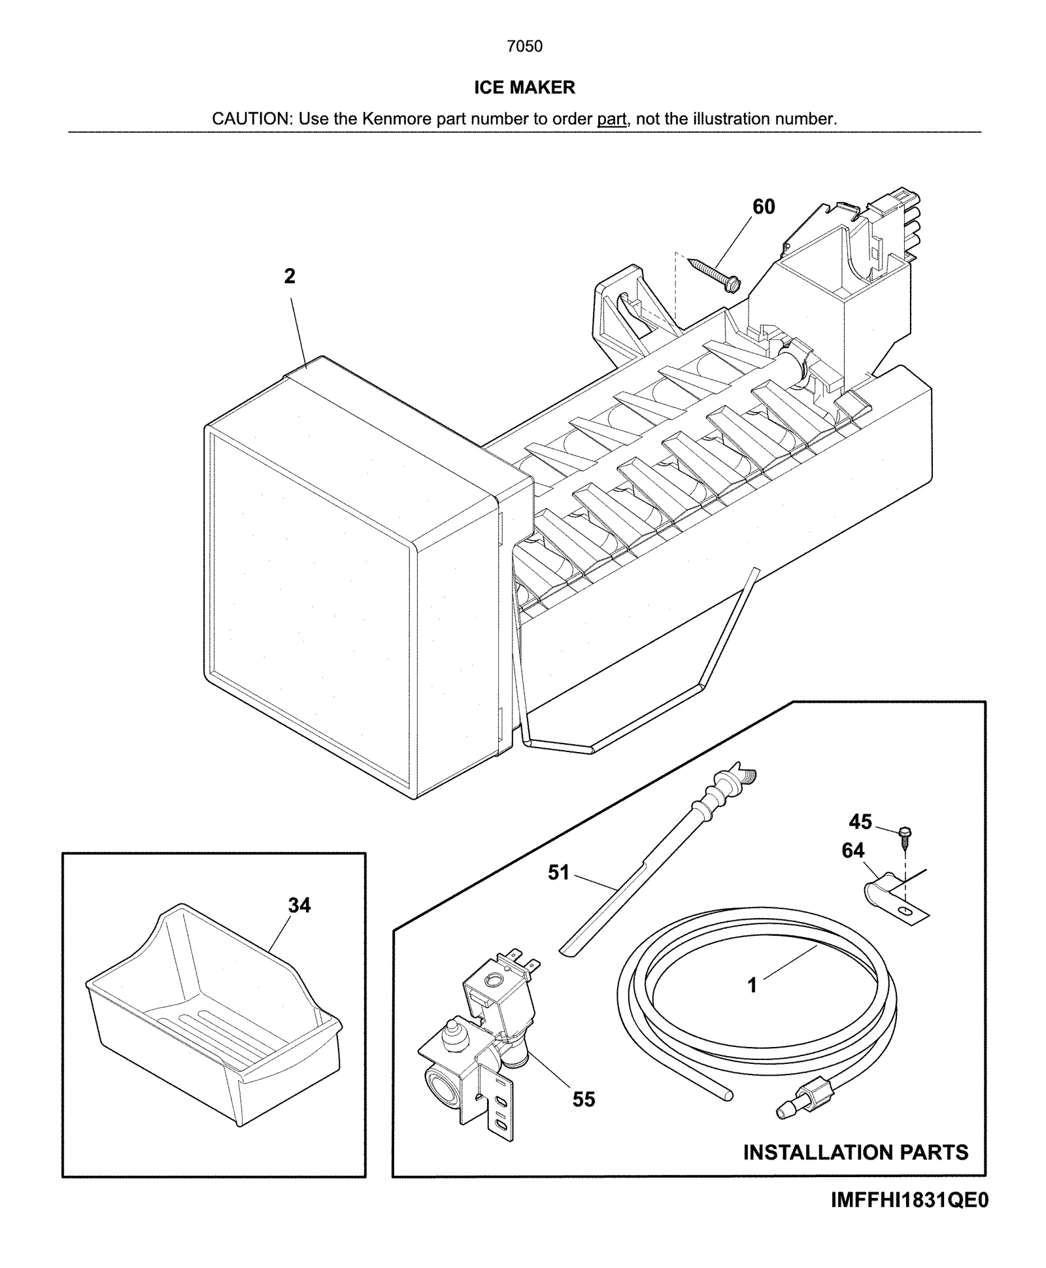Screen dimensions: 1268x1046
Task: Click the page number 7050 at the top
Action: pyautogui.click(x=524, y=46)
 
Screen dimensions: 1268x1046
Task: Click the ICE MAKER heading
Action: pyautogui.click(x=524, y=87)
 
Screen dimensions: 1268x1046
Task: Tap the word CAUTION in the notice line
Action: pyautogui.click(x=251, y=119)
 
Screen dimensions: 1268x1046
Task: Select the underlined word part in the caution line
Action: pyautogui.click(x=611, y=119)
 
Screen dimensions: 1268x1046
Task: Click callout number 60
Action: pyautogui.click(x=764, y=207)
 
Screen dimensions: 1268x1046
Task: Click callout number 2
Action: pyautogui.click(x=290, y=277)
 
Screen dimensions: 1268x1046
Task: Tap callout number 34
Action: pyautogui.click(x=299, y=905)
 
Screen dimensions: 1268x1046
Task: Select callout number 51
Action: pyautogui.click(x=558, y=872)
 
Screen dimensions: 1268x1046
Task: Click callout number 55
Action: pyautogui.click(x=584, y=1099)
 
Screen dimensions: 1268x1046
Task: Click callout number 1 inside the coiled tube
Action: pyautogui.click(x=752, y=985)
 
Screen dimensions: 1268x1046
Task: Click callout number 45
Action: pyautogui.click(x=860, y=821)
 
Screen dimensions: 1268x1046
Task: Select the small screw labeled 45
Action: pyautogui.click(x=905, y=838)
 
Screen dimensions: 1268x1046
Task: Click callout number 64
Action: pyautogui.click(x=852, y=850)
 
